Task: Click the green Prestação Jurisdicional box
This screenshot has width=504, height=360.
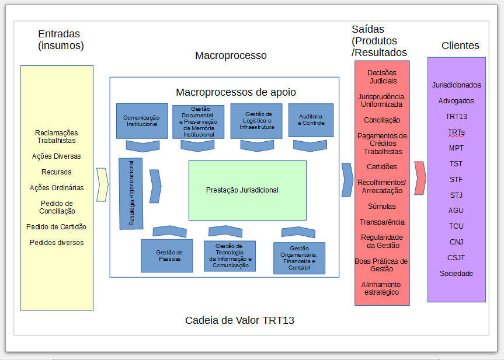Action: (247, 190)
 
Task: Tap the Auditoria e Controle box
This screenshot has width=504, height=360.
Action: (311, 120)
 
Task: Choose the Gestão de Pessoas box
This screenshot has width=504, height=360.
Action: (166, 256)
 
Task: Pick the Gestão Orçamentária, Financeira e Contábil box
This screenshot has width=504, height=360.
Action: (299, 258)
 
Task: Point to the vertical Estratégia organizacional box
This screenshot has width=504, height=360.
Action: (131, 193)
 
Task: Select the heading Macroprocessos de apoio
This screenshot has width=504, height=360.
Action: (236, 92)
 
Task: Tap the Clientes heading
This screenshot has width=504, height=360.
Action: (460, 46)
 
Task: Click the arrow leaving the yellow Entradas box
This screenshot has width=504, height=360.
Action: (102, 184)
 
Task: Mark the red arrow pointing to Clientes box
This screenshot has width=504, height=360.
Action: (419, 177)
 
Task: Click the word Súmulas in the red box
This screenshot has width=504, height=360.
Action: (382, 207)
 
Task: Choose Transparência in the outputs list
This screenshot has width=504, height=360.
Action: (382, 222)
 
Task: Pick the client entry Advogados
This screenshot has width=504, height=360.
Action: (456, 101)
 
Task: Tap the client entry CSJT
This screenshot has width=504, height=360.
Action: (457, 258)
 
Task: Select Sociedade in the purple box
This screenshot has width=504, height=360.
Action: (457, 274)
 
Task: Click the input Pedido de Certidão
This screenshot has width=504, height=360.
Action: (56, 227)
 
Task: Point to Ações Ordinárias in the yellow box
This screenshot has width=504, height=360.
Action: (57, 188)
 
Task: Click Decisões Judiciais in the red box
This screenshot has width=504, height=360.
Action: (382, 76)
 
